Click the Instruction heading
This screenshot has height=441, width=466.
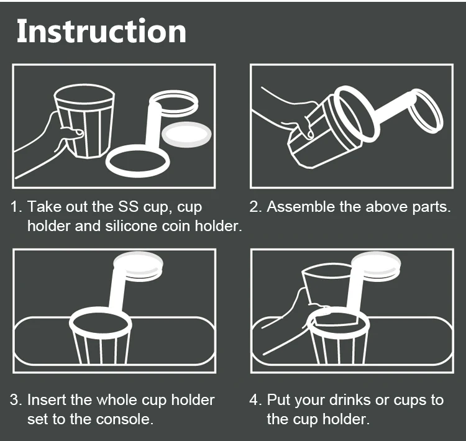click(101, 31)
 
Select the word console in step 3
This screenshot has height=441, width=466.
click(124, 419)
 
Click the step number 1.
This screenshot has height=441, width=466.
click(15, 207)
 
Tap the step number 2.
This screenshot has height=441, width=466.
click(255, 207)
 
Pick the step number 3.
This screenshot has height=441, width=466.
click(15, 399)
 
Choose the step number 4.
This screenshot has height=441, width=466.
click(255, 399)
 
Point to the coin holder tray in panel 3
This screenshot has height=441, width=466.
click(138, 265)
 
